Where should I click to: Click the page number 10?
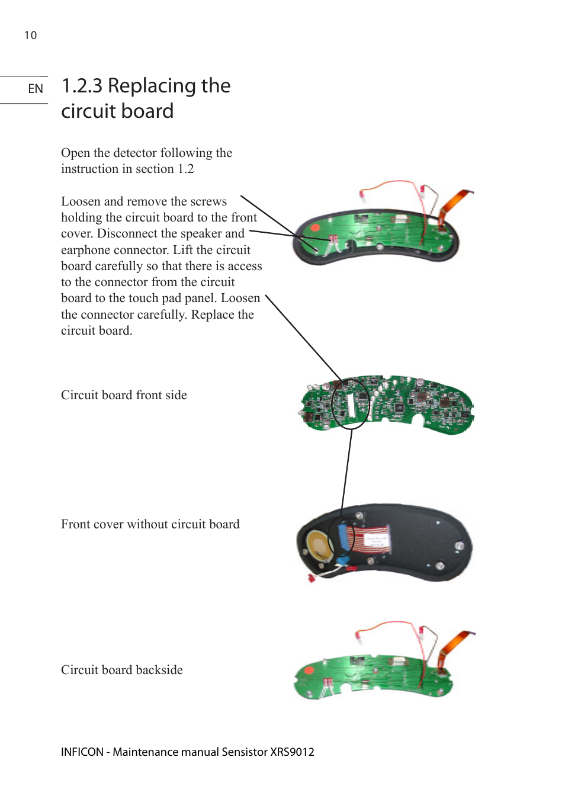(x=30, y=36)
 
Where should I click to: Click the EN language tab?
(x=36, y=89)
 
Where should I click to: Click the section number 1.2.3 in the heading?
(x=82, y=86)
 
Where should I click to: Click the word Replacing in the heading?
(x=152, y=86)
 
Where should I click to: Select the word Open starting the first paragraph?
(x=75, y=153)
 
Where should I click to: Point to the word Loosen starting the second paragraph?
(x=81, y=201)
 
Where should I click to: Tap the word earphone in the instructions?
(x=89, y=250)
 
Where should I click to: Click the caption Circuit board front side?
(x=124, y=395)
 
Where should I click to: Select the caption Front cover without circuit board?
(x=150, y=524)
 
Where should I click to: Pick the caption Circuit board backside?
(x=121, y=670)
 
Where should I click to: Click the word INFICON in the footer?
(x=82, y=752)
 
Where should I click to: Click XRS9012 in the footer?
(x=292, y=752)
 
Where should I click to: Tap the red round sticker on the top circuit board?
(x=315, y=227)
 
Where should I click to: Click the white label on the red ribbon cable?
(x=375, y=540)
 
